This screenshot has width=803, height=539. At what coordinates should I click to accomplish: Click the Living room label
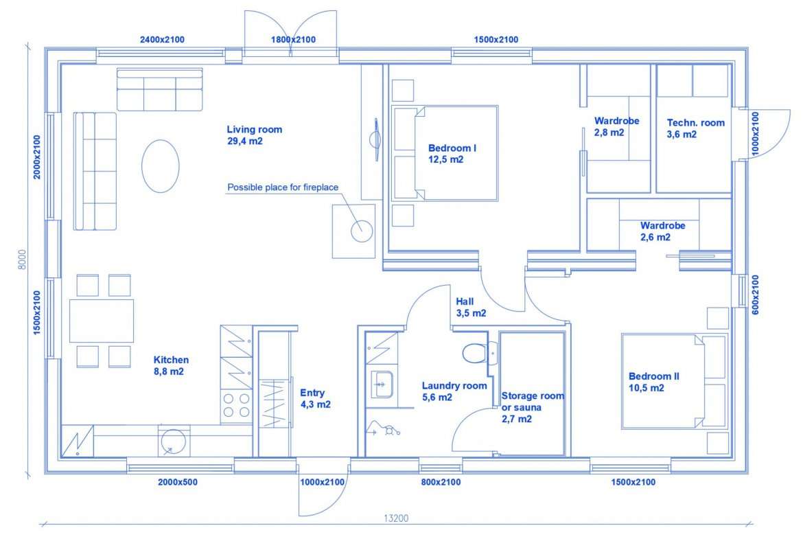[255, 135]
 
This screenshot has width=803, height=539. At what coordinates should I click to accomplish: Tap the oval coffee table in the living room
[161, 166]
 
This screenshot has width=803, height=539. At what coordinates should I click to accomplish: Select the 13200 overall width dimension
[397, 518]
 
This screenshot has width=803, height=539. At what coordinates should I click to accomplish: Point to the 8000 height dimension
[22, 260]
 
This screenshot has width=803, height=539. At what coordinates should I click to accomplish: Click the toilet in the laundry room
[475, 353]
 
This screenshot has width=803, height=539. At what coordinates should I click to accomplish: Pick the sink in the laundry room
[382, 385]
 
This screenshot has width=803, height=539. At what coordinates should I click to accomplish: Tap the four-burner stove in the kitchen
[236, 405]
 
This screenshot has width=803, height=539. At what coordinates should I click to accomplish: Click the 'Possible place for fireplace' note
[283, 187]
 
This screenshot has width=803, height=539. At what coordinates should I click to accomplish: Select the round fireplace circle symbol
[362, 231]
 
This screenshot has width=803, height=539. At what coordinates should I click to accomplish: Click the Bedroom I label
[452, 154]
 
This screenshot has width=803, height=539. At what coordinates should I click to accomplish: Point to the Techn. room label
[695, 128]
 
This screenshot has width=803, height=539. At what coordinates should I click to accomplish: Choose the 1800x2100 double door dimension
[293, 39]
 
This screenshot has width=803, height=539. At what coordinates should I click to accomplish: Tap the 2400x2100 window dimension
[162, 39]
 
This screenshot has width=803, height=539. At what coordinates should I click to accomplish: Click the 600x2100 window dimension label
[756, 295]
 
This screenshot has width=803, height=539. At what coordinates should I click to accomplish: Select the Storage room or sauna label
[533, 407]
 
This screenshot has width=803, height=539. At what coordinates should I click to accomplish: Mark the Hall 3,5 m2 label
[471, 308]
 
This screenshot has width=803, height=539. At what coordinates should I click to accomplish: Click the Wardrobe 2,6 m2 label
[663, 231]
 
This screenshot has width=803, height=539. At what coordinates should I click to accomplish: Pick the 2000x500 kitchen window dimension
[178, 482]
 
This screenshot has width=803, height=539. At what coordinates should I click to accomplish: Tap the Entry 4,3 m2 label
[315, 399]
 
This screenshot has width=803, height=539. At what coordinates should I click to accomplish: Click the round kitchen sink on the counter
[174, 441]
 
